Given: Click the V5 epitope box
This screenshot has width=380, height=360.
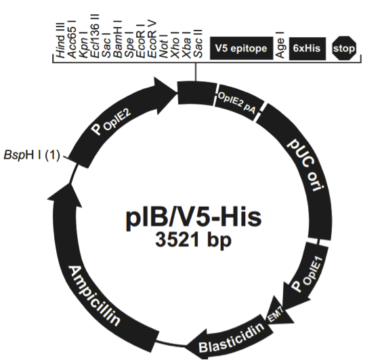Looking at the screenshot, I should tap(241, 48).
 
